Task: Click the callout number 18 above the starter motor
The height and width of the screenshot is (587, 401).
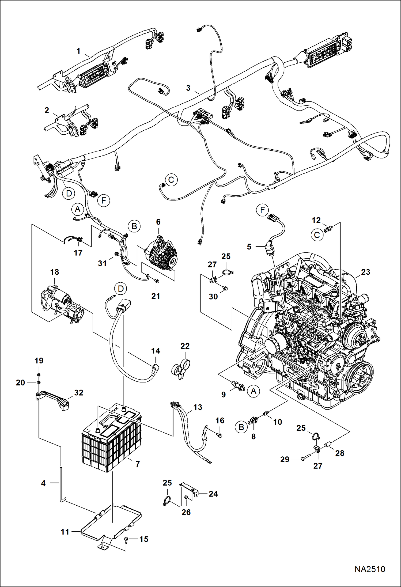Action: click(54, 272)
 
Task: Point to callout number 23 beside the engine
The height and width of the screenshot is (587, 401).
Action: click(365, 272)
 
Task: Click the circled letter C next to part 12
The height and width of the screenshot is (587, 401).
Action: click(317, 235)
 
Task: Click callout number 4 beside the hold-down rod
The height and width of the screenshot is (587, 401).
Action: click(43, 483)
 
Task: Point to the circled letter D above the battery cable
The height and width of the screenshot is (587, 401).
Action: click(121, 289)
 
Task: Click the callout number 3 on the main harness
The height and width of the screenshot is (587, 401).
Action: click(188, 88)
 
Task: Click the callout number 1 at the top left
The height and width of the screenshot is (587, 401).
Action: click(78, 51)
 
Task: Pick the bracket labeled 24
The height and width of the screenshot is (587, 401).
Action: click(191, 490)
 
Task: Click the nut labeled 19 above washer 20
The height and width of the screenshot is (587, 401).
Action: click(39, 374)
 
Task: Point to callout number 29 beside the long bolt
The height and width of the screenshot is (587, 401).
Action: click(285, 459)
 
